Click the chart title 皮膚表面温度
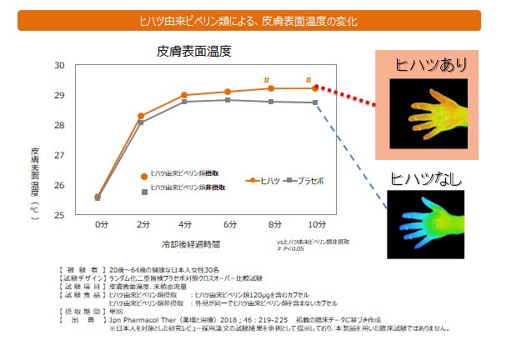click(x=193, y=51)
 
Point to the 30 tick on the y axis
click(x=59, y=65)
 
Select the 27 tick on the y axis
click(x=59, y=155)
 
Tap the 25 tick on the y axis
click(x=59, y=215)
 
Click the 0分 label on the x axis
click(x=100, y=224)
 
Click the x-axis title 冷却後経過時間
click(x=191, y=244)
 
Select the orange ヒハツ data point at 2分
click(x=141, y=116)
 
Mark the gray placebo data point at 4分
click(x=183, y=102)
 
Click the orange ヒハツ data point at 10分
click(x=314, y=87)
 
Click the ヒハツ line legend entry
click(x=264, y=179)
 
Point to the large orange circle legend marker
click(x=144, y=176)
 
